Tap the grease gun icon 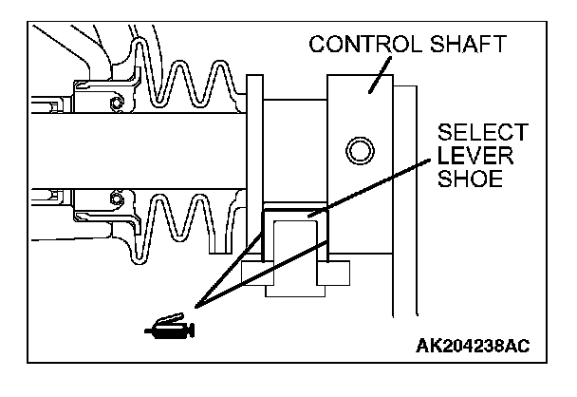169,329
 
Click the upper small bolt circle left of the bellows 115,102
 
